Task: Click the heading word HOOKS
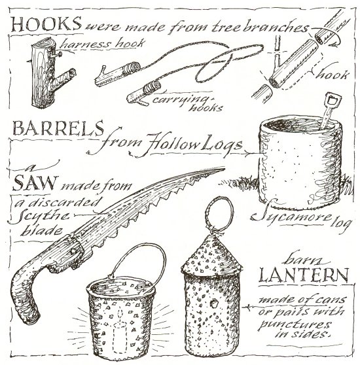pos(46,24)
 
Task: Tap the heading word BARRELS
pos(58,128)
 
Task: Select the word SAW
pos(35,182)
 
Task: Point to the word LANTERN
pos(304,275)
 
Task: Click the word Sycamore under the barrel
pos(292,215)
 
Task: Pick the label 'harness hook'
pos(103,44)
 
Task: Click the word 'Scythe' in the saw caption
pos(39,216)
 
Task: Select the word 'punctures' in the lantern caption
pos(295,324)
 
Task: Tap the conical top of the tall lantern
pos(211,256)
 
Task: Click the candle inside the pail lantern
pos(120,330)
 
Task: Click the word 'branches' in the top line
pos(275,27)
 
